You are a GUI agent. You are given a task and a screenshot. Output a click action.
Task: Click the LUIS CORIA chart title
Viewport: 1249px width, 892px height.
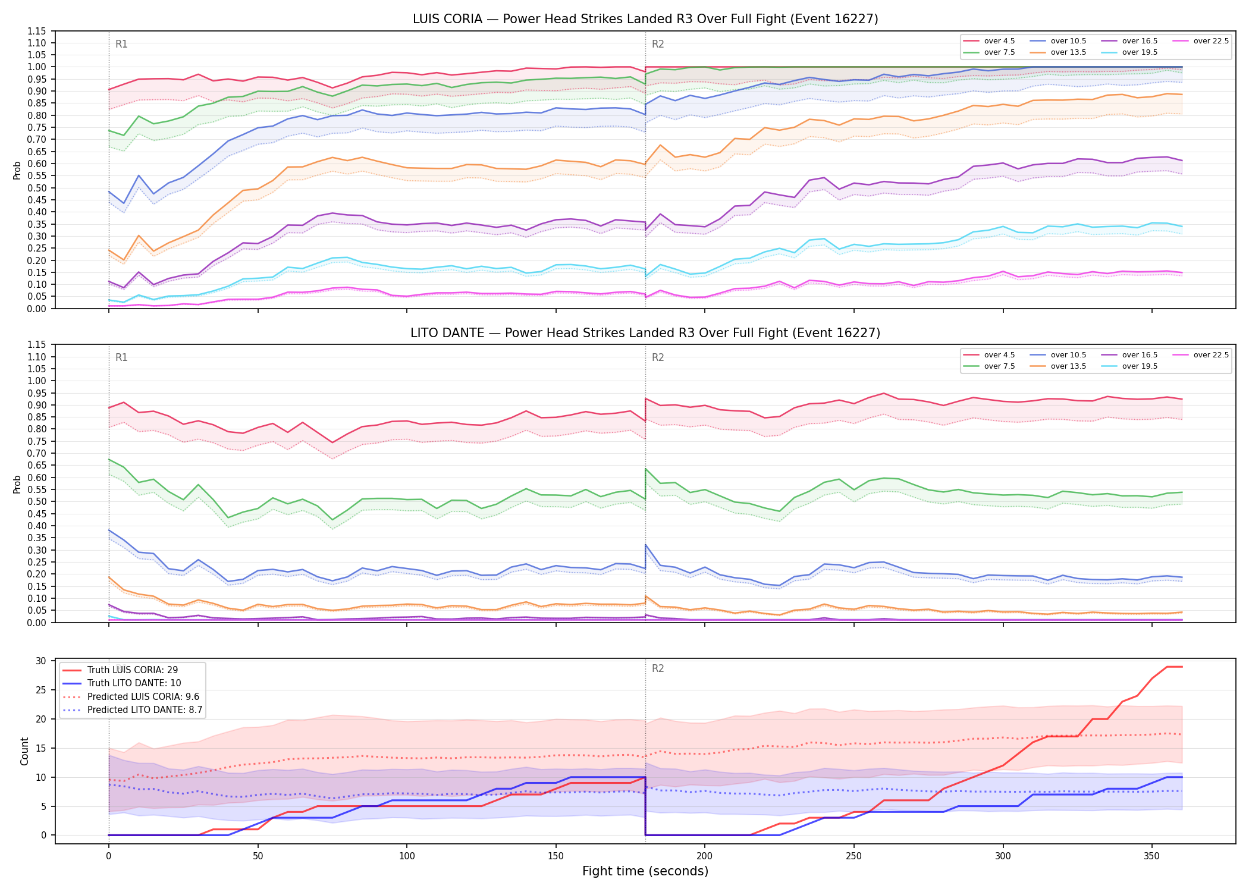click(645, 19)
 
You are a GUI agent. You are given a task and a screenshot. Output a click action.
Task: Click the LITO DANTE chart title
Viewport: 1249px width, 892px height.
click(645, 333)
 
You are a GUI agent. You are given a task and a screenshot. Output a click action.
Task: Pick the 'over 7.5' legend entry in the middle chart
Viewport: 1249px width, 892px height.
click(989, 366)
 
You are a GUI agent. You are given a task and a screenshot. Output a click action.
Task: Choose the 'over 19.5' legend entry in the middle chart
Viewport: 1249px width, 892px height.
click(1129, 366)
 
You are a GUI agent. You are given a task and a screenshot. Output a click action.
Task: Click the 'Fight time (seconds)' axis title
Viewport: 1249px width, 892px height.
click(645, 871)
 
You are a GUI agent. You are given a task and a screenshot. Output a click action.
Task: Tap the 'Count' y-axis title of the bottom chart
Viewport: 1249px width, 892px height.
click(24, 751)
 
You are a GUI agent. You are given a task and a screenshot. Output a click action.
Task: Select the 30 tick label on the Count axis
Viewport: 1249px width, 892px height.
click(41, 661)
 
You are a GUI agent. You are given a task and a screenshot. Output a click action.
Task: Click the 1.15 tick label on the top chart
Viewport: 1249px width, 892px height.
click(37, 31)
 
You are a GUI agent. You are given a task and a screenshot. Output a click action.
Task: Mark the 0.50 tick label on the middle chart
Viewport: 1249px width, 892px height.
click(37, 501)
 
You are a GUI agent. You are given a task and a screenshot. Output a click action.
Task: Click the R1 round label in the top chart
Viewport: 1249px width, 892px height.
click(121, 44)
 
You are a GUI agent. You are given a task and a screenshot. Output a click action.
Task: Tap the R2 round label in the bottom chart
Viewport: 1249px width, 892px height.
click(658, 668)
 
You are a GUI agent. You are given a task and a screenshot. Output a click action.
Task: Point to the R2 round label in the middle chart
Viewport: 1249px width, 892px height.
click(658, 357)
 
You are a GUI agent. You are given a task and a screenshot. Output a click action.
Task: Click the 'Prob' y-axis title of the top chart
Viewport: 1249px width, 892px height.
click(17, 170)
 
